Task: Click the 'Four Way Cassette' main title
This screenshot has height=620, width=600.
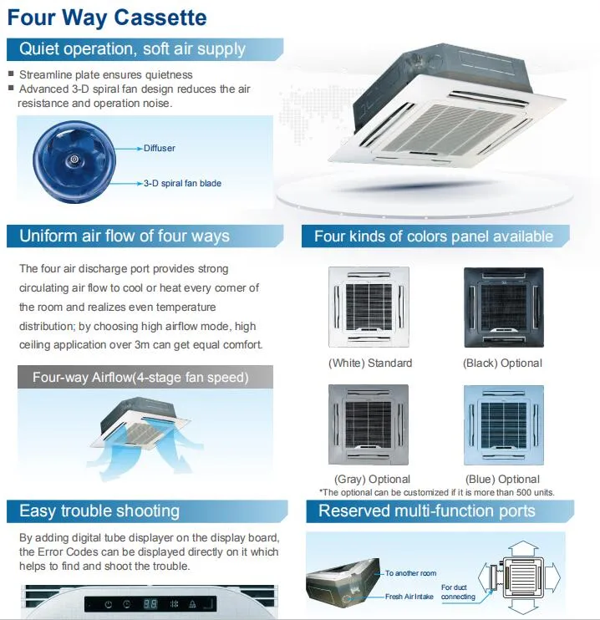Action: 107,18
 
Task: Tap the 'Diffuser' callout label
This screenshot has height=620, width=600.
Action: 159,148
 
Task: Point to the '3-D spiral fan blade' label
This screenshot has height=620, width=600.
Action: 182,183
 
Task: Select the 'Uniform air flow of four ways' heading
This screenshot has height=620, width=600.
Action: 124,236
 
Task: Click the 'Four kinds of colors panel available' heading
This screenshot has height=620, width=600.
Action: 433,236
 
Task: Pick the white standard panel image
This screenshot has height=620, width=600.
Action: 369,307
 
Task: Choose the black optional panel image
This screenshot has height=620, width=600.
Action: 503,307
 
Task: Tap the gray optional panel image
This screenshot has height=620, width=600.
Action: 369,425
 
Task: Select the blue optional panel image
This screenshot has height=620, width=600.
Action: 503,425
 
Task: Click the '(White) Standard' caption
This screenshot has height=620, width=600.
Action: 369,363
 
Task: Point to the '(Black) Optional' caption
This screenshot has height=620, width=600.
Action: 502,363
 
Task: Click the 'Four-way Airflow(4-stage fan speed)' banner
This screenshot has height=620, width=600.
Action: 140,378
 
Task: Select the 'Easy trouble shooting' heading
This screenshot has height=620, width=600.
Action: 99,511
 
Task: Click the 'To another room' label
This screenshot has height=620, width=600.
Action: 410,574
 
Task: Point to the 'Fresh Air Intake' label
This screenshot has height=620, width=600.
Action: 410,597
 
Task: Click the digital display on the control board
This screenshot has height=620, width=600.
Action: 151,604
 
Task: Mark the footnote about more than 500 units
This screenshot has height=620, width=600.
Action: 436,492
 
